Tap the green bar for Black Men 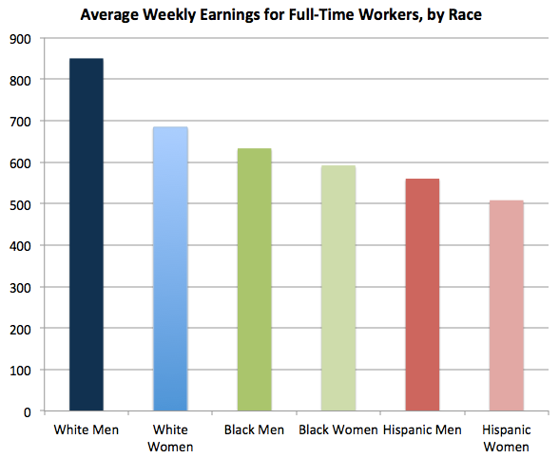coord(254,279)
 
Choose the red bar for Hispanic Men coord(422,295)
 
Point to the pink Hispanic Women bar coord(506,305)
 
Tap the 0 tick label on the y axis coord(29,411)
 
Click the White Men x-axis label coord(87,429)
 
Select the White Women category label coord(170,437)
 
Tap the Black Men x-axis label coord(254,429)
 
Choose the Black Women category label coord(338,429)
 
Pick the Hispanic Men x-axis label coord(422,429)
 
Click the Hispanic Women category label coord(506,437)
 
